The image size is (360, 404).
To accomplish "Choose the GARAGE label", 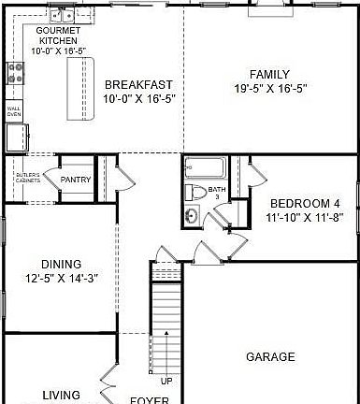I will (271, 357).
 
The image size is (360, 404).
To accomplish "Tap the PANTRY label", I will (74, 180).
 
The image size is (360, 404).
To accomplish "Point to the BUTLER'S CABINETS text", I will (26, 178).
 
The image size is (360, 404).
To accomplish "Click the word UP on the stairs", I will (166, 381).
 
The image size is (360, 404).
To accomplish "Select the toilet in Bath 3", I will (197, 193).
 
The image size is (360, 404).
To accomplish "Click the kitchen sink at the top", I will (63, 15).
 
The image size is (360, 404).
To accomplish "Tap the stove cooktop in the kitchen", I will (15, 73).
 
